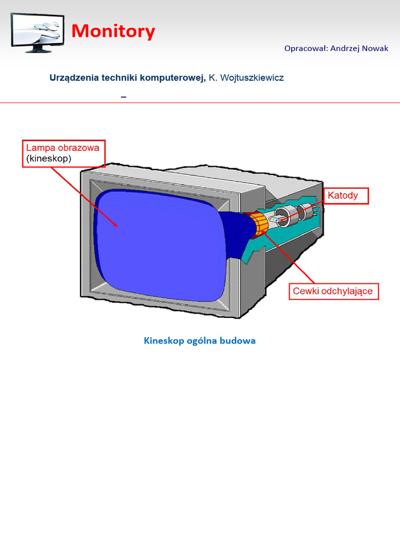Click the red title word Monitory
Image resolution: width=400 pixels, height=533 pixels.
tap(113, 31)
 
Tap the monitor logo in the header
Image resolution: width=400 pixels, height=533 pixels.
tap(37, 33)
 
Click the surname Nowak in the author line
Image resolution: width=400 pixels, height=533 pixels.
tap(375, 48)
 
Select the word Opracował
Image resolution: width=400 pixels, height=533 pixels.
tap(306, 48)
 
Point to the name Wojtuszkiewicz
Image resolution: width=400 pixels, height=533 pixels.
tap(252, 78)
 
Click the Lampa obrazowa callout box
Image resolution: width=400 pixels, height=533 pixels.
tap(64, 154)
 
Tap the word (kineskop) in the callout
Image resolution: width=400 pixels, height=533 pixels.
tap(48, 158)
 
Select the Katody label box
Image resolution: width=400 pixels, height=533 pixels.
tap(346, 196)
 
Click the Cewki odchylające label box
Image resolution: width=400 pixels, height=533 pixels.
tap(333, 291)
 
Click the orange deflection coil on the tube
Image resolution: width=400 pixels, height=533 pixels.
tap(258, 223)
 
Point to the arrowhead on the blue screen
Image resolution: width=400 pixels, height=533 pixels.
tap(115, 223)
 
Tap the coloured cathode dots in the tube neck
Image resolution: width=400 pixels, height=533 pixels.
tap(274, 220)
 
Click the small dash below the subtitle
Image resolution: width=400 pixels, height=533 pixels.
tap(123, 97)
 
